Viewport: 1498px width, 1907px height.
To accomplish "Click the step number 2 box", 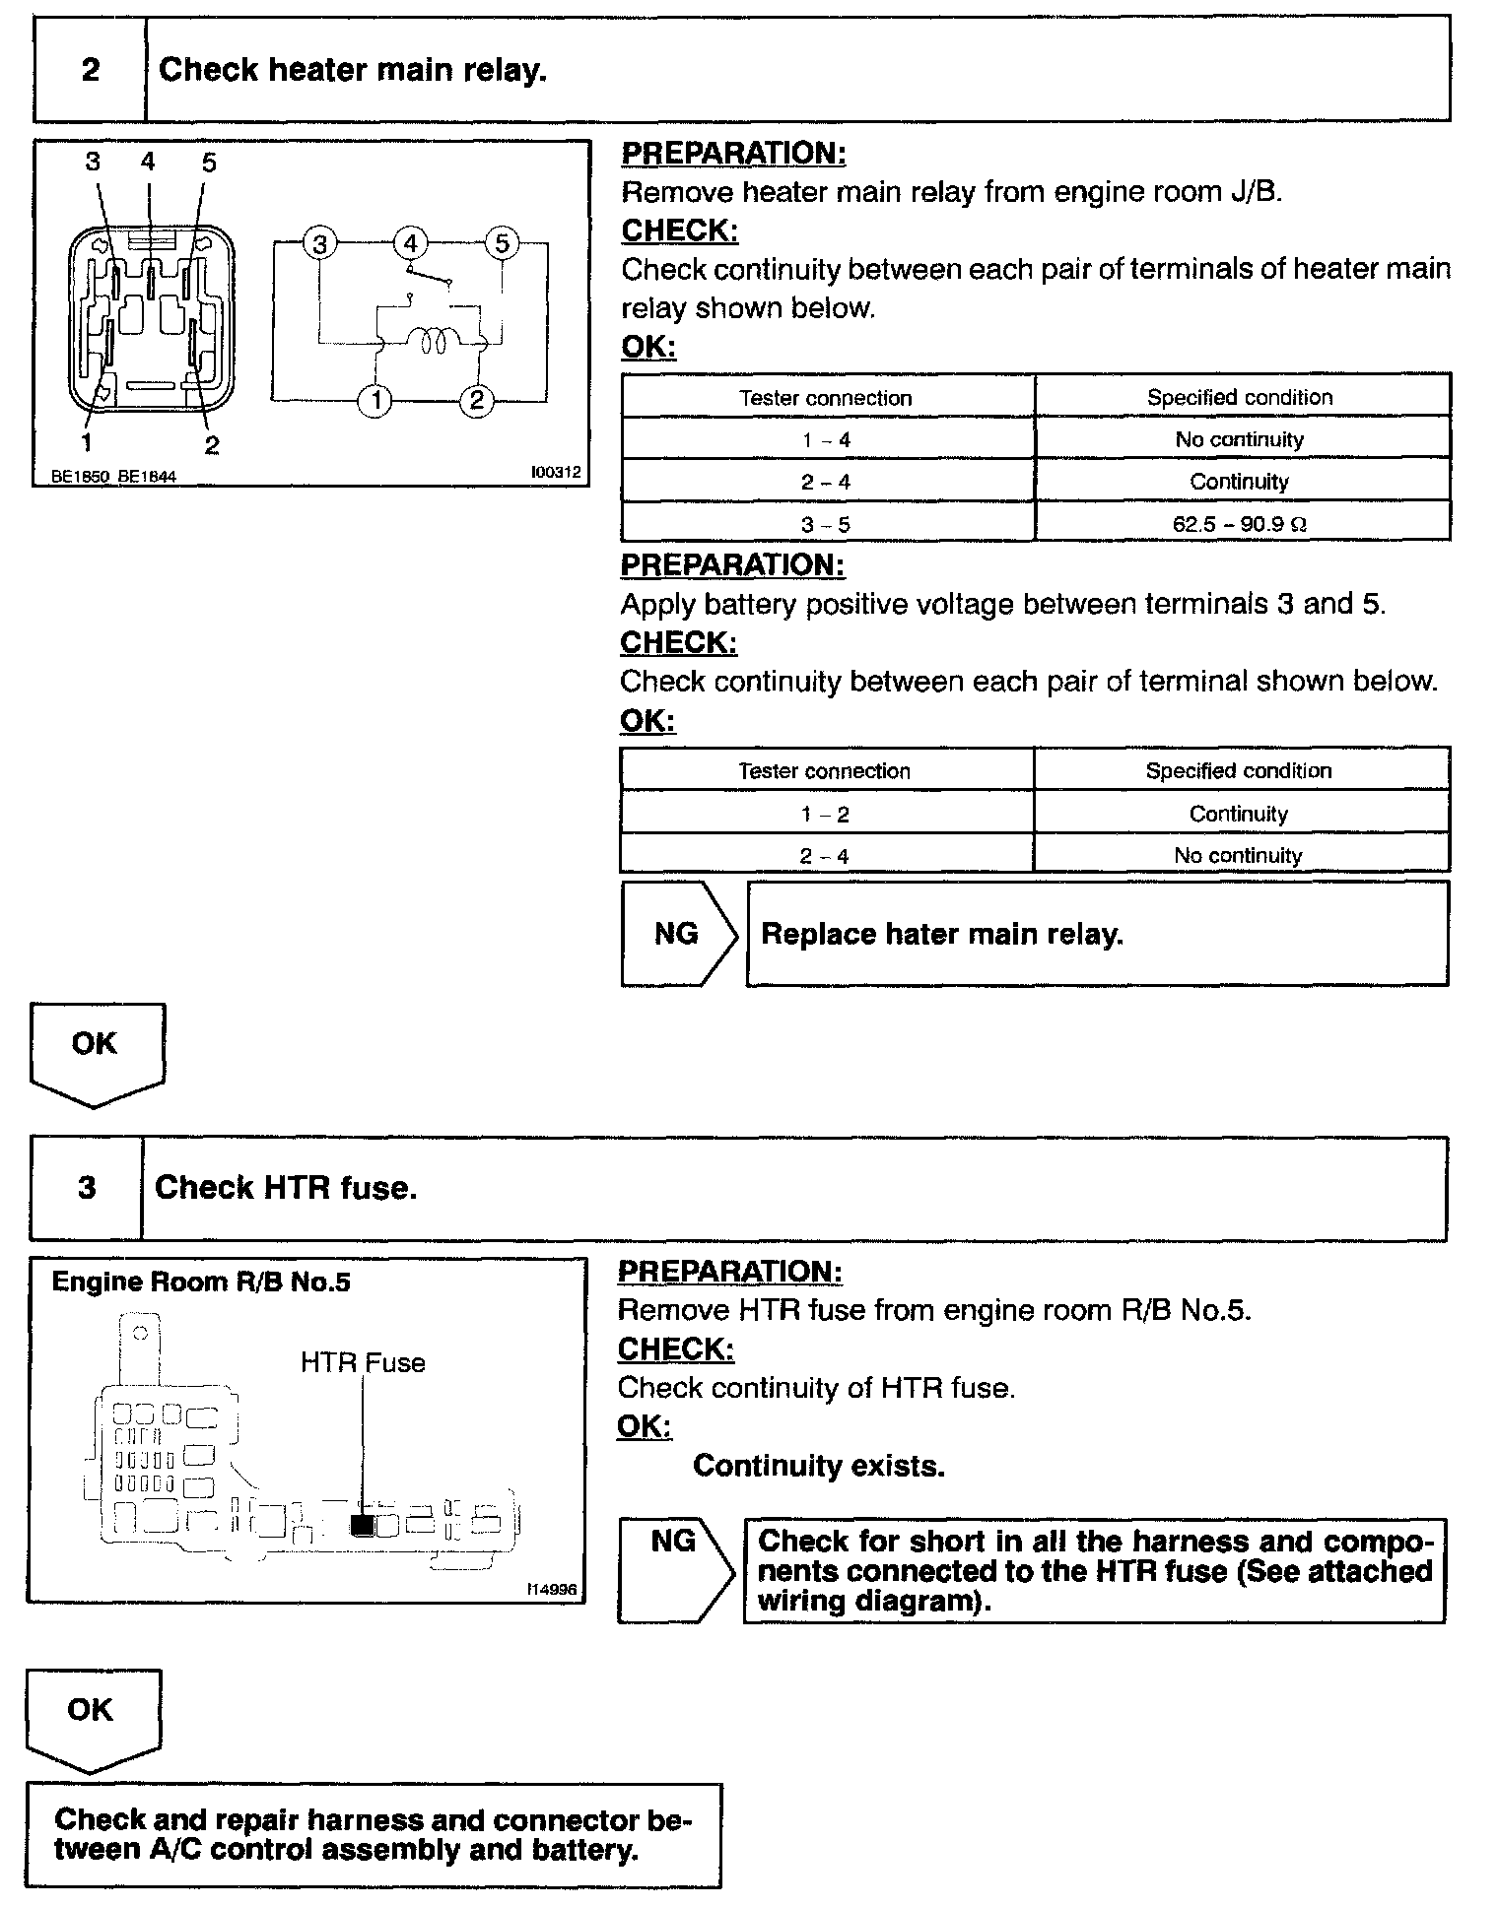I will [90, 70].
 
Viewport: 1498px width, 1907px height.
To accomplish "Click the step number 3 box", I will [87, 1188].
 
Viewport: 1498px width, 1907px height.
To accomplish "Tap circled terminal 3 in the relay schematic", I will [319, 242].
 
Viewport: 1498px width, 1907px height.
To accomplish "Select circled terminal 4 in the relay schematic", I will [411, 242].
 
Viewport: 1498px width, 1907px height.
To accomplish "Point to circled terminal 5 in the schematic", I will [502, 242].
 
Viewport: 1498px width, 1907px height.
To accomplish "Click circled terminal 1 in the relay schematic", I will [375, 400].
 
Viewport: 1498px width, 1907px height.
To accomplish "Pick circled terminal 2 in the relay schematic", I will [477, 400].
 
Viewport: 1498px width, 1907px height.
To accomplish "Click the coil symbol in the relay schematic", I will [434, 341].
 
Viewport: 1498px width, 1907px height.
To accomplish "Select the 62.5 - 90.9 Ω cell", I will [1240, 524].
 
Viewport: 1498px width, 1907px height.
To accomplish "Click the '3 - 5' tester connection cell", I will [826, 525].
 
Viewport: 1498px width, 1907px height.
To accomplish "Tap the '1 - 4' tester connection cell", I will [826, 440].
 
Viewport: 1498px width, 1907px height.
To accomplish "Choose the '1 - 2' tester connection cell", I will [825, 815].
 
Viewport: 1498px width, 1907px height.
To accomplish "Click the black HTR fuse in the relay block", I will [362, 1525].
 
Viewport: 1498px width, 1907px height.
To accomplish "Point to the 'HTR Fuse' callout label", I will [363, 1363].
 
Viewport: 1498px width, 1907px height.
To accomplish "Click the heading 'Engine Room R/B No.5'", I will [201, 1282].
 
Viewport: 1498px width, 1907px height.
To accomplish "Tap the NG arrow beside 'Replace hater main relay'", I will [678, 934].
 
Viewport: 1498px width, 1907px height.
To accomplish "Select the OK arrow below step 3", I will [92, 1715].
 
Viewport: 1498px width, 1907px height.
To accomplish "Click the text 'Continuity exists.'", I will [819, 1466].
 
